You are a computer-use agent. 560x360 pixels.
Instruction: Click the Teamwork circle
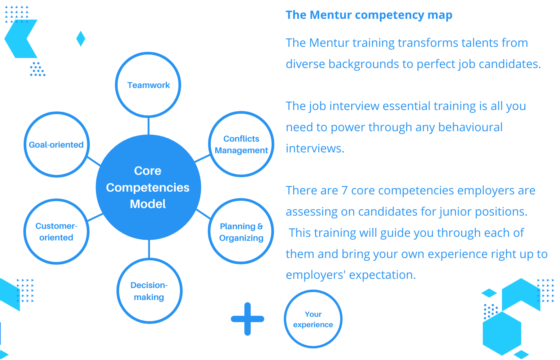(148, 85)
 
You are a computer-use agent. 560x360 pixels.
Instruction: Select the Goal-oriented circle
(56, 144)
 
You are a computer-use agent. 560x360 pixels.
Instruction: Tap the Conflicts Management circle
(241, 144)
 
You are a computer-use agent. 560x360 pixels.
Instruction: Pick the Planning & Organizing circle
(241, 232)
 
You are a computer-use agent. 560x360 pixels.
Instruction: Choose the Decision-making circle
(149, 291)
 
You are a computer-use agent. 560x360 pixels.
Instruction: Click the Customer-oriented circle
(56, 232)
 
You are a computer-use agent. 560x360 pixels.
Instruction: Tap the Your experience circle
(313, 319)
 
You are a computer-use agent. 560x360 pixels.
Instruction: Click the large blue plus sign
(248, 319)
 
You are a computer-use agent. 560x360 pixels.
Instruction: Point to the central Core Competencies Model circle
(148, 187)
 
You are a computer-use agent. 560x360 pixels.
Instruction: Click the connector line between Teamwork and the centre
(148, 126)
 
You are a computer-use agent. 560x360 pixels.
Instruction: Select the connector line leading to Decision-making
(149, 249)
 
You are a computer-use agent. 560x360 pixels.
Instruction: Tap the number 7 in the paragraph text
(344, 190)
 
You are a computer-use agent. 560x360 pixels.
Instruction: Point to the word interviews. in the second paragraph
(315, 148)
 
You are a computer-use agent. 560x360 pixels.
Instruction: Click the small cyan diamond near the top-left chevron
(81, 39)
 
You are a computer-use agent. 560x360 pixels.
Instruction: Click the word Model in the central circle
(148, 204)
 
